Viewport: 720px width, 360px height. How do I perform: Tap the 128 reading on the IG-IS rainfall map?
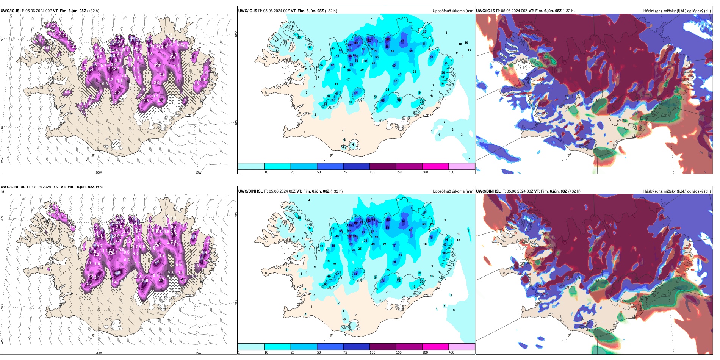[x=388, y=39]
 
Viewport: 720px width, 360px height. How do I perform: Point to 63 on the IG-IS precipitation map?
[x=431, y=57]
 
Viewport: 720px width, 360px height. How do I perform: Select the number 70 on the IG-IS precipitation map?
[x=355, y=93]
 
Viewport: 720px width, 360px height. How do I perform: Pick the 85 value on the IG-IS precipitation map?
[x=402, y=41]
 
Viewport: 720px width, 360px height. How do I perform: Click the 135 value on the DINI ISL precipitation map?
[x=350, y=236]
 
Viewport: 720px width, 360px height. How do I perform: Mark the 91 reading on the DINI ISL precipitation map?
[x=404, y=221]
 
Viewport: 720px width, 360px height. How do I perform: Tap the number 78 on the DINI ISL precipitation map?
[x=431, y=238]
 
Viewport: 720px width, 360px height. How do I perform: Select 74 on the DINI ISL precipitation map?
[x=355, y=274]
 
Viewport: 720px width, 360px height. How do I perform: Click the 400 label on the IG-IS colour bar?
[x=451, y=172]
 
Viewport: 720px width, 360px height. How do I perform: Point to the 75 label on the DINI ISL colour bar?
[x=345, y=352]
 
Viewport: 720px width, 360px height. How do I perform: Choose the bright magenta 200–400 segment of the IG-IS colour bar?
[x=435, y=166]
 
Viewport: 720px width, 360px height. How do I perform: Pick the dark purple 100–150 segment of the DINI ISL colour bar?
[x=383, y=347]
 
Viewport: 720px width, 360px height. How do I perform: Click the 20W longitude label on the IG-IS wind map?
[x=99, y=172]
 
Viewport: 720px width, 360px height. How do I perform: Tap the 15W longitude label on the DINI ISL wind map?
[x=198, y=353]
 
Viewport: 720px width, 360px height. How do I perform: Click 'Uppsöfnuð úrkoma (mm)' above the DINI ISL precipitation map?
[x=453, y=191]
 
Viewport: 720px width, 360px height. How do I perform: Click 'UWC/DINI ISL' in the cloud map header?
[x=488, y=191]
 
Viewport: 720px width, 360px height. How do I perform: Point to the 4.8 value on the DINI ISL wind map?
[x=117, y=272]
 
